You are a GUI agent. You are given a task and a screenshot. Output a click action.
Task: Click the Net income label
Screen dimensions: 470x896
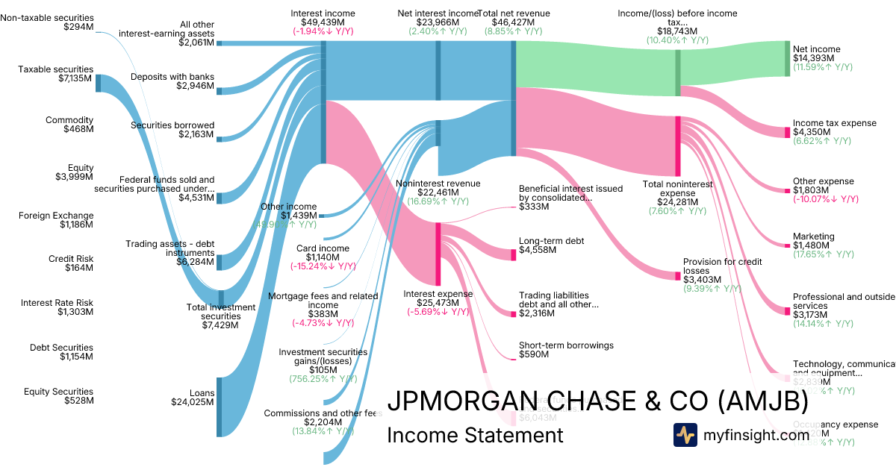(x=816, y=49)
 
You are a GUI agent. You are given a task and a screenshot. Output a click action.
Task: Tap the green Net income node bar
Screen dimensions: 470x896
(x=786, y=58)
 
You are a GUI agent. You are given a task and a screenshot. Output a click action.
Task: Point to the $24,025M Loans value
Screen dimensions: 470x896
(x=193, y=403)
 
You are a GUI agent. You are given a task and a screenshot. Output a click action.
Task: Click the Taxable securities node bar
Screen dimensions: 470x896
(x=98, y=83)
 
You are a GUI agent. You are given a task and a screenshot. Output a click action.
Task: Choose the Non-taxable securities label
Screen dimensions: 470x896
(x=47, y=17)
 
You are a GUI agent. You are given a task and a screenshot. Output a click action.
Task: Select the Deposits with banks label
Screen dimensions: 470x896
(x=172, y=77)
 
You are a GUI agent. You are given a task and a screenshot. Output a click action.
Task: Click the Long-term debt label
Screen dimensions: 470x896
(x=551, y=241)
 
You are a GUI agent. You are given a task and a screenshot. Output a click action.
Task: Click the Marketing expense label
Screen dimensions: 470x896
(x=814, y=236)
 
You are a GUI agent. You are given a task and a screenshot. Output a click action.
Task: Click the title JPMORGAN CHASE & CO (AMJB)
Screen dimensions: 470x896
(x=597, y=401)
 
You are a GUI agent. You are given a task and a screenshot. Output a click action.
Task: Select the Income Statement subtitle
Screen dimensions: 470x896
(x=475, y=435)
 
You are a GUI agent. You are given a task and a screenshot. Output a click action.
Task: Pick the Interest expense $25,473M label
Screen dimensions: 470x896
(x=438, y=293)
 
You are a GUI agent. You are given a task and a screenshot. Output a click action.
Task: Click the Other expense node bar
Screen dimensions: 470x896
(x=786, y=191)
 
